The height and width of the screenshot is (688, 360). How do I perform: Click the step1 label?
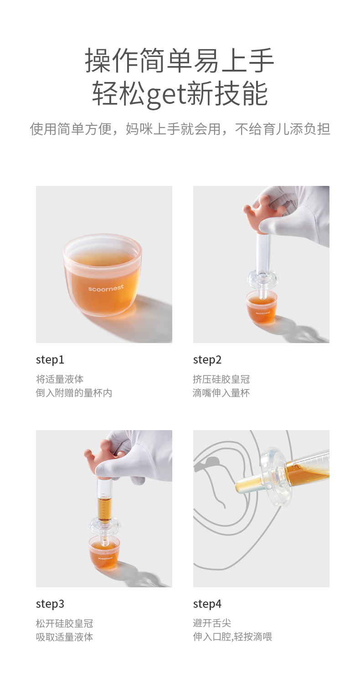[50, 359]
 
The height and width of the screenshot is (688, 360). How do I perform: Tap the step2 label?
[207, 359]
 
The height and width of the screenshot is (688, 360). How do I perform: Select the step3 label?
[50, 604]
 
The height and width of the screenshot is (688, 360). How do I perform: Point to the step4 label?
[207, 604]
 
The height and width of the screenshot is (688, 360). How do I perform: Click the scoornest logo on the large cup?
[106, 288]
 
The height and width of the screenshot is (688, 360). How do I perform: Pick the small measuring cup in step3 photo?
[104, 551]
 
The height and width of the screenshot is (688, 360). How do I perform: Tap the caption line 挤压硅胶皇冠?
[221, 380]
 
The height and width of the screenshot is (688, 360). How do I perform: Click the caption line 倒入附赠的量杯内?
[74, 393]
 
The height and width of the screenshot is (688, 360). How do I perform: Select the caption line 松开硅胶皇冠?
[65, 623]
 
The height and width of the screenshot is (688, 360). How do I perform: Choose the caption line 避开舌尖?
[212, 623]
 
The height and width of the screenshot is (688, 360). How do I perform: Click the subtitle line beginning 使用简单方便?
[180, 129]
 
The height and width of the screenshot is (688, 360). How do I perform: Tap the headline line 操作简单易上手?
[180, 61]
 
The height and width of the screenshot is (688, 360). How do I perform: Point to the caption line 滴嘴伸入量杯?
[221, 393]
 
